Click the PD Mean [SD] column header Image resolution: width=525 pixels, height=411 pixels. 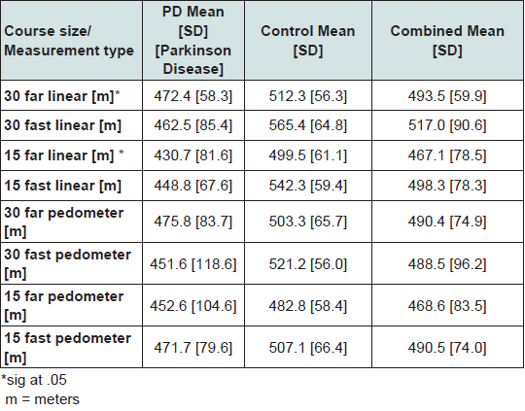(193, 40)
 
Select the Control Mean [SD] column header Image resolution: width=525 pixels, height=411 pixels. (307, 41)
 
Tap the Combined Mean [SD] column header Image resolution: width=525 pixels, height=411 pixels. (447, 41)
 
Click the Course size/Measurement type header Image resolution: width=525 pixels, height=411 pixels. (69, 41)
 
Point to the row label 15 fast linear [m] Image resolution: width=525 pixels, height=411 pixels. (62, 186)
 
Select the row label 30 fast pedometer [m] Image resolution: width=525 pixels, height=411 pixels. (67, 263)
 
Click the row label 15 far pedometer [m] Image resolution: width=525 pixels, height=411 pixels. (63, 305)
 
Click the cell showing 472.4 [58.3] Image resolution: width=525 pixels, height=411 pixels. (192, 96)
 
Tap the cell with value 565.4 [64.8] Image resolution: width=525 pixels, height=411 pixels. (307, 125)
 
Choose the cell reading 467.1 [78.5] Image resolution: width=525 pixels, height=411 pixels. (447, 155)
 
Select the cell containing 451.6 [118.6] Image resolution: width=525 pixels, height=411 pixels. (192, 264)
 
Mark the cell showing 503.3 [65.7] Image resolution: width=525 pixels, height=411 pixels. (307, 222)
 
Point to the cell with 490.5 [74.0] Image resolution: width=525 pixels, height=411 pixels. (447, 348)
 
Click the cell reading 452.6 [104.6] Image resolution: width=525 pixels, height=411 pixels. (192, 306)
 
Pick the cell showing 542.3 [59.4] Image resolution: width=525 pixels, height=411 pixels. (307, 186)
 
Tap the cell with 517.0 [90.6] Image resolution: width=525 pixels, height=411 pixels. (447, 125)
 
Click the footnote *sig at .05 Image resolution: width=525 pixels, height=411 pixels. (34, 380)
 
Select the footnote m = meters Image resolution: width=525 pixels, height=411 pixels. (43, 399)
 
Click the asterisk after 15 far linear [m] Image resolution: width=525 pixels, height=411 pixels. (122, 153)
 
